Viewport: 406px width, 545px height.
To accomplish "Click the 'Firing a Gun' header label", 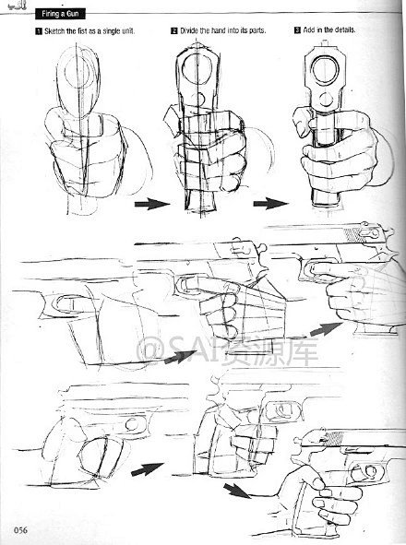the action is [x=60, y=14].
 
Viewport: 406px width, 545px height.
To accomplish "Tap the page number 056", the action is [x=20, y=530].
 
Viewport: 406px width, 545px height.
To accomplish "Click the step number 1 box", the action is [x=39, y=31].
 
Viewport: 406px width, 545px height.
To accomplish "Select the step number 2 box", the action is [x=174, y=31].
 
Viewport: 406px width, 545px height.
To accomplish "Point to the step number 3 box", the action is [x=297, y=30].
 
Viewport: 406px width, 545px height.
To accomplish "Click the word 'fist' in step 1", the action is [x=82, y=31].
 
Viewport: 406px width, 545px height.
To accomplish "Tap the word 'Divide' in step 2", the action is [x=189, y=31].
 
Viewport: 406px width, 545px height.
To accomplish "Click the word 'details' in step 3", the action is [x=345, y=30].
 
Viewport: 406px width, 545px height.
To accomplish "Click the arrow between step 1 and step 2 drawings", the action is [x=152, y=204].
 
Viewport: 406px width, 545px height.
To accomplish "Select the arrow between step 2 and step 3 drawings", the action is [x=271, y=203].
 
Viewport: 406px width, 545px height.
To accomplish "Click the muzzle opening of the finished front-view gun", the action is [x=325, y=69].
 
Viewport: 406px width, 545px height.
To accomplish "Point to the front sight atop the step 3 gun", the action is [x=325, y=44].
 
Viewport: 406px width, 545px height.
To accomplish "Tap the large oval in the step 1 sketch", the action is [x=79, y=83].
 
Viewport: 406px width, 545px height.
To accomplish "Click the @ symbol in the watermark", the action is [x=149, y=350].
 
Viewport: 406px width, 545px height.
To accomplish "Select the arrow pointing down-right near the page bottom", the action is [x=237, y=491].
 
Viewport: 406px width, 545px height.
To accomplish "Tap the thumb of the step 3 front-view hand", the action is [x=302, y=122].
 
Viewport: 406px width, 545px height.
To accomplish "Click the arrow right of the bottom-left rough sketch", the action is [x=147, y=469].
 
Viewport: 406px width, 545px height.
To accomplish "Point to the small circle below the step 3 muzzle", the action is [x=327, y=100].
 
